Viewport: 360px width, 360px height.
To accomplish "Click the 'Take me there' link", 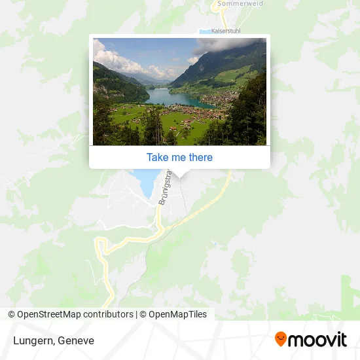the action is pos(179,157).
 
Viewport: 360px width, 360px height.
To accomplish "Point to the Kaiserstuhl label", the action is pos(226,31).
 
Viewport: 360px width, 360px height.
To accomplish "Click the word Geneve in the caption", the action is pos(75,340).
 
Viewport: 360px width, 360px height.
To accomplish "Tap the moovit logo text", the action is pos(318,339).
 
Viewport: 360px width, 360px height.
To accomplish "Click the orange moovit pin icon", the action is pos(281,339).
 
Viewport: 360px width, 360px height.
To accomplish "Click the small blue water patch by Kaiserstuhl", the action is pos(204,31).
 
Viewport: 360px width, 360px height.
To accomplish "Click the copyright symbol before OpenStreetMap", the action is pos(12,314).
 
